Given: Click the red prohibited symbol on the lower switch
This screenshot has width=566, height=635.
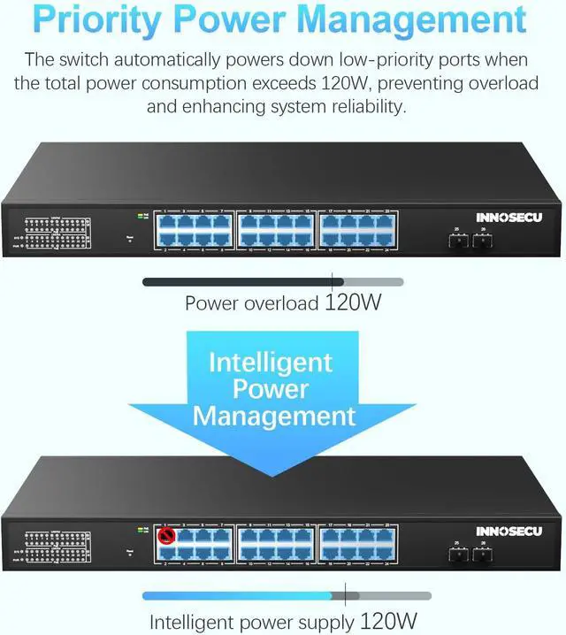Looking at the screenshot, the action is [x=164, y=535].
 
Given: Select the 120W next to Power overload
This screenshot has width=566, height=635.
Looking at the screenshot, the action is [x=353, y=303].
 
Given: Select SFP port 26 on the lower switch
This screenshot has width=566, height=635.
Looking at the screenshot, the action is [x=481, y=555].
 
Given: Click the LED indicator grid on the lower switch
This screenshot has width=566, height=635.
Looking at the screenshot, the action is [x=57, y=549].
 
